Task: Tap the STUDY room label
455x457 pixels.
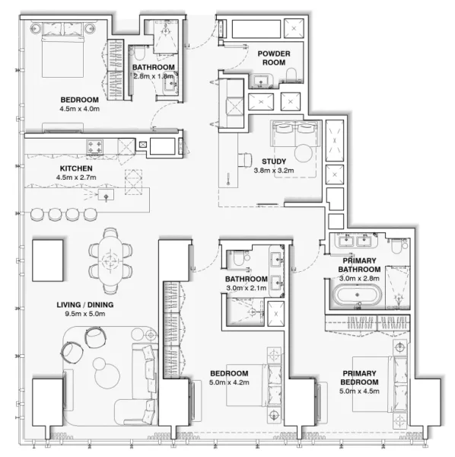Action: click(274, 161)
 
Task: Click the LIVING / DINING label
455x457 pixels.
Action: click(84, 305)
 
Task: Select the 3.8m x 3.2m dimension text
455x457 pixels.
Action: click(274, 171)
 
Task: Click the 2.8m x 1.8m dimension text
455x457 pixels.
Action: click(153, 76)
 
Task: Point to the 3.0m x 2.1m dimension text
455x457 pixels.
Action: click(245, 288)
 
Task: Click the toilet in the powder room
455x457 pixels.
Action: click(292, 73)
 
